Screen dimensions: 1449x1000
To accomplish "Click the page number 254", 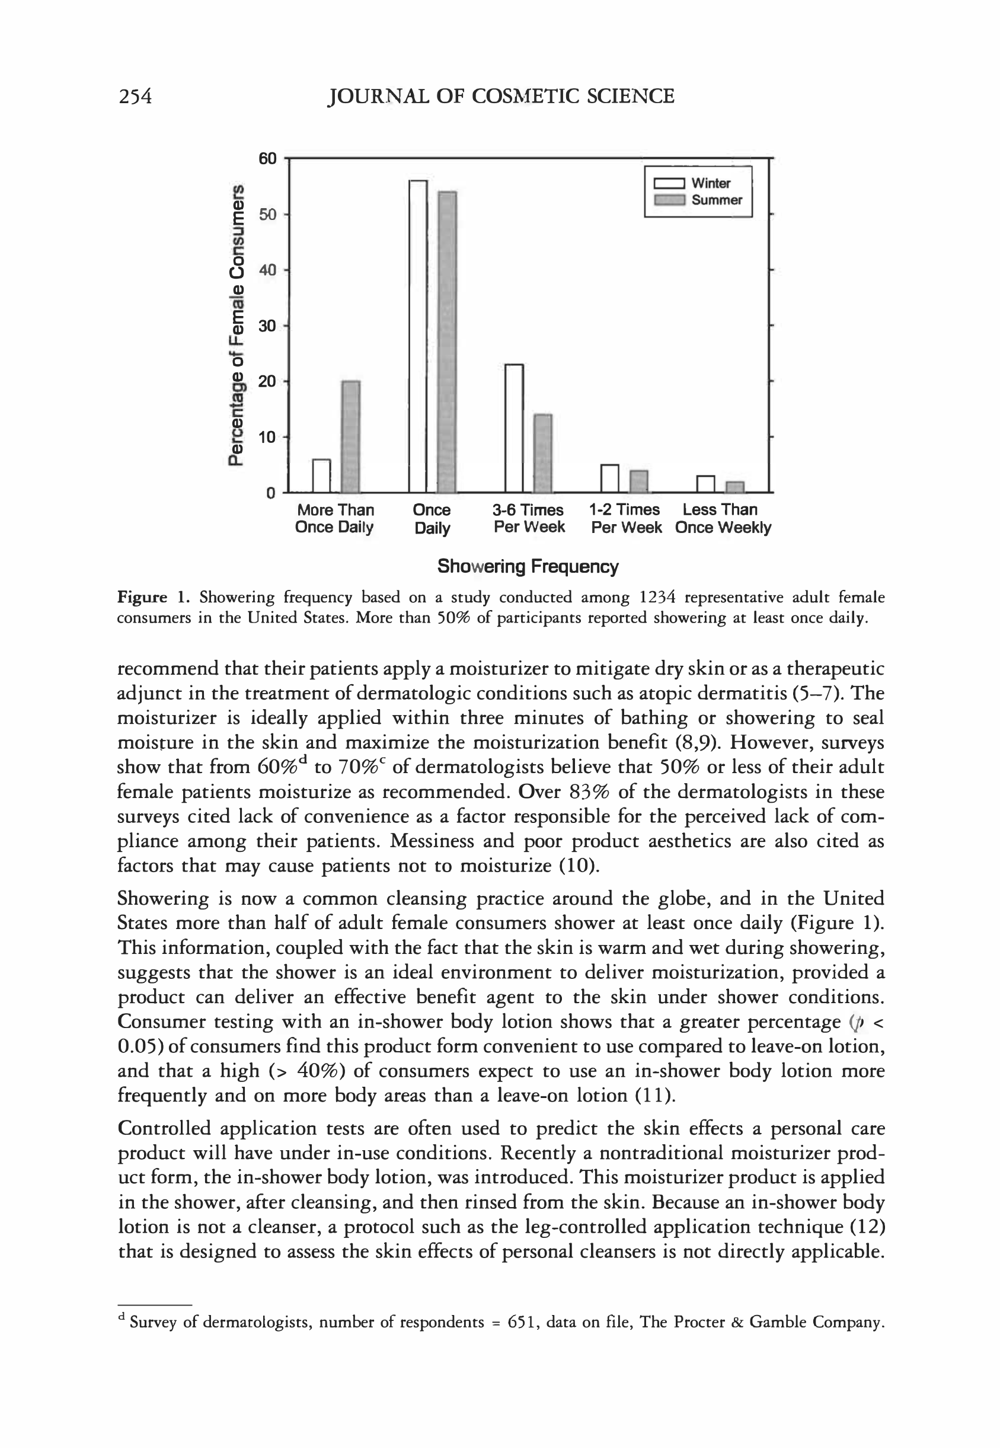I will [135, 96].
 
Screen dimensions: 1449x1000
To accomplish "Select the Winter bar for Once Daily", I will [418, 336].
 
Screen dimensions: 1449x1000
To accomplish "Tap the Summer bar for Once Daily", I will [447, 341].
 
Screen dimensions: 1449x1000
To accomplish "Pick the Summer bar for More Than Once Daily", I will [351, 436].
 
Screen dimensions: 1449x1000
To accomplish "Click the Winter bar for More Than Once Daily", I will [321, 475].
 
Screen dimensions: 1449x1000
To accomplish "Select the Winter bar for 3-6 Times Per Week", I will [514, 428].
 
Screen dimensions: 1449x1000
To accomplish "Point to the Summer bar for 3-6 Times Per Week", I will [542, 453].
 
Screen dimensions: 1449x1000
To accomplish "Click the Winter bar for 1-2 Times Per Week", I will [609, 478].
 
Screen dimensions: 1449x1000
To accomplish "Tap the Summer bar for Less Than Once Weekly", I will [734, 487].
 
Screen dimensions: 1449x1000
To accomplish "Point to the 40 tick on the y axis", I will [267, 270].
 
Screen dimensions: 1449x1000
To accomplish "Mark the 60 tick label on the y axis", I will [267, 158].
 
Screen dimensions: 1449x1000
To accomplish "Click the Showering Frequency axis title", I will [528, 567].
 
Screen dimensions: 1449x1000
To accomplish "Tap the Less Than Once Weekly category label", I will [723, 519].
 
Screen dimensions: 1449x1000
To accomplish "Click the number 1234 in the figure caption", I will [657, 597].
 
